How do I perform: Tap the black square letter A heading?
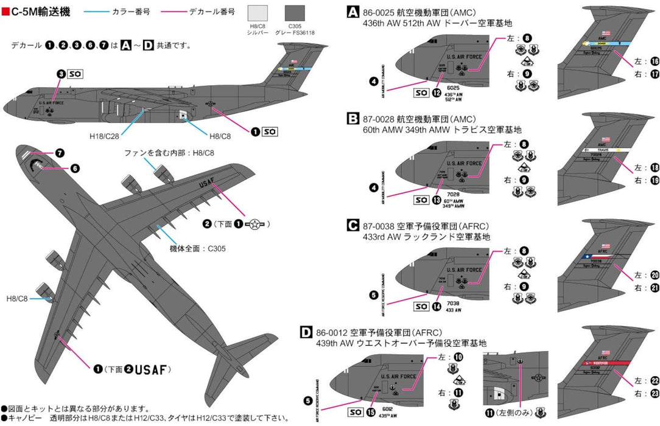coord(353,11)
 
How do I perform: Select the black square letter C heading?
coord(353,226)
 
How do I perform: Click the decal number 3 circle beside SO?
coord(61,74)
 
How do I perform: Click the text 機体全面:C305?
coord(194,248)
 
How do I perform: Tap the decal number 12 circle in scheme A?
coord(437,93)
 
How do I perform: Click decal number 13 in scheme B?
coord(437,199)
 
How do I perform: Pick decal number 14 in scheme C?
coord(437,307)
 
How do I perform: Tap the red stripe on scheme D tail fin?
coord(609,362)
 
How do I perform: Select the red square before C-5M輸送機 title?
coord(5,12)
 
